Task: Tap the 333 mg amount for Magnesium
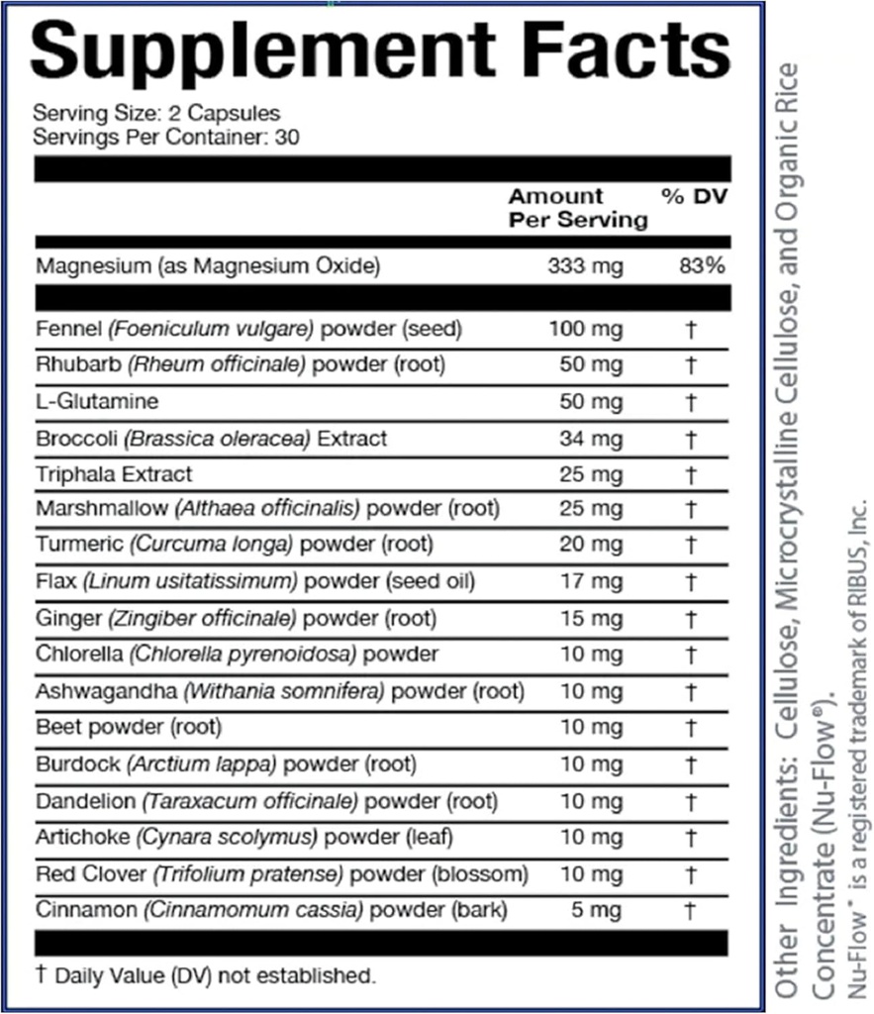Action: (585, 266)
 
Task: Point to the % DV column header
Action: (695, 197)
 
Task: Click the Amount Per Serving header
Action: (578, 208)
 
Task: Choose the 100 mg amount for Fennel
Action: (585, 328)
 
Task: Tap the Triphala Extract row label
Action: (114, 474)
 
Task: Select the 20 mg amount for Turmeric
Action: (594, 545)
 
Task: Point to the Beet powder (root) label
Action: (129, 728)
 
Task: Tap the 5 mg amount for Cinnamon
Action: (600, 909)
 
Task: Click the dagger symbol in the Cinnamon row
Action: (691, 909)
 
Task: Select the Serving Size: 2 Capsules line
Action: (156, 114)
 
